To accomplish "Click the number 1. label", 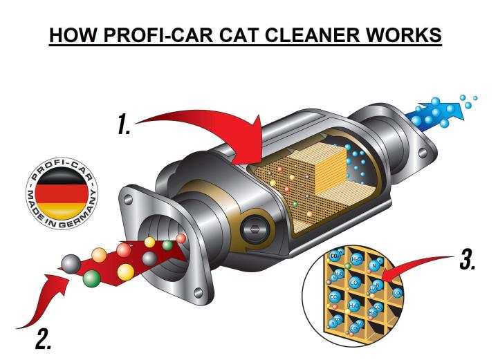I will click(x=124, y=124).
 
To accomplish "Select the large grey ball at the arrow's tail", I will click(x=70, y=263).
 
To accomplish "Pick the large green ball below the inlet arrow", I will click(x=91, y=279).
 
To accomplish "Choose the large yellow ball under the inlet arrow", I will click(x=125, y=272).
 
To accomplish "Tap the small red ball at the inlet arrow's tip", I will click(x=181, y=239).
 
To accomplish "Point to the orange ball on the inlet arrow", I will click(x=99, y=255).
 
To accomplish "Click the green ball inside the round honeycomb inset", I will click(x=348, y=266).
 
